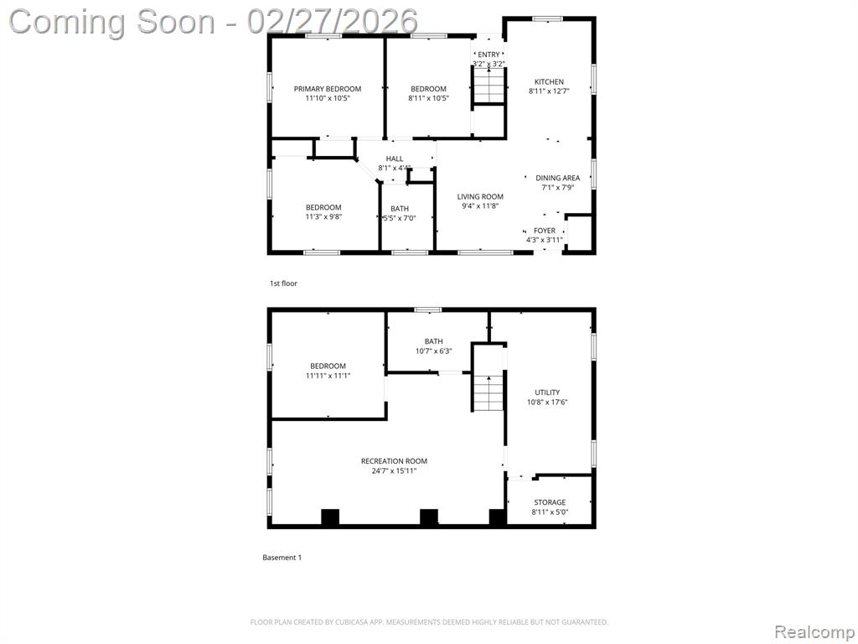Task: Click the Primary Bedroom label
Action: point(328,89)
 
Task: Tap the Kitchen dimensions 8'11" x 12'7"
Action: point(549,91)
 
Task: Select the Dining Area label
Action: point(557,178)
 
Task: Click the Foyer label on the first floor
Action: point(545,231)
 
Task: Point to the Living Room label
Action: point(480,196)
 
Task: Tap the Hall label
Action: point(395,158)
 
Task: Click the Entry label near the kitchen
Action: point(488,55)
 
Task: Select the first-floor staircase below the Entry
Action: point(488,85)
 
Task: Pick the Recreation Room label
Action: point(394,461)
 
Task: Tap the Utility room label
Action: point(547,392)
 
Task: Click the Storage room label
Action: point(550,502)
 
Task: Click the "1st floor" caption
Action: point(283,283)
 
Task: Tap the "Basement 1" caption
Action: point(282,558)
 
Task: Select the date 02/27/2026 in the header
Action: point(332,22)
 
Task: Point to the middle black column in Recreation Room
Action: point(428,517)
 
